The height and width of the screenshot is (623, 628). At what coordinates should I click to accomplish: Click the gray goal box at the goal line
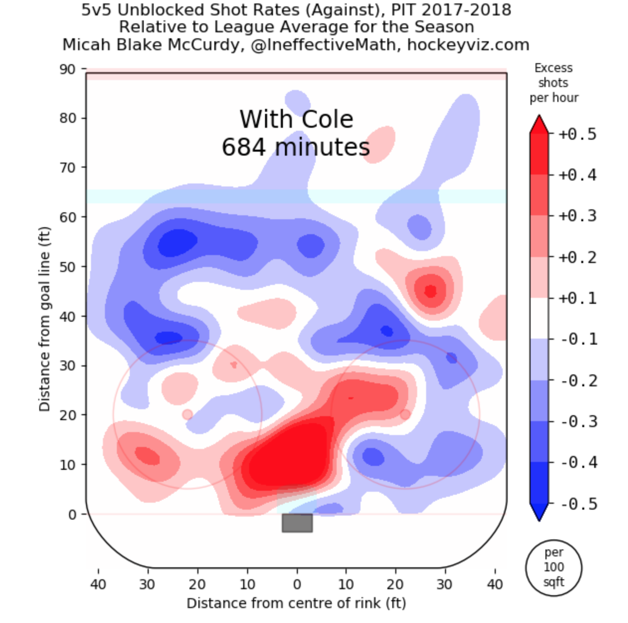pyautogui.click(x=297, y=523)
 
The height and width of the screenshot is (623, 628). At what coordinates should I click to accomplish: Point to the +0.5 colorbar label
pyautogui.click(x=577, y=134)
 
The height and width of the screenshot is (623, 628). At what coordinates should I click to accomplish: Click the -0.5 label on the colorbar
pyautogui.click(x=578, y=504)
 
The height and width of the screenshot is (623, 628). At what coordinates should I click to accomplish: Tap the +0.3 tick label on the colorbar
pyautogui.click(x=577, y=216)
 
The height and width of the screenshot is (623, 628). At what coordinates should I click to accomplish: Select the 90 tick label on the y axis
pyautogui.click(x=67, y=69)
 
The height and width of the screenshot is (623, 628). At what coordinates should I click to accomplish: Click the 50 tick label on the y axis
pyautogui.click(x=67, y=267)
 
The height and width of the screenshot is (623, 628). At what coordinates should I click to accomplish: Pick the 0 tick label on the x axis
pyautogui.click(x=297, y=584)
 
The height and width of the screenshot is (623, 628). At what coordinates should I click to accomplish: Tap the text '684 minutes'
pyautogui.click(x=295, y=147)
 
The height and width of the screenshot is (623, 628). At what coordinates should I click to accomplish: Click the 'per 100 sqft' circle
pyautogui.click(x=553, y=567)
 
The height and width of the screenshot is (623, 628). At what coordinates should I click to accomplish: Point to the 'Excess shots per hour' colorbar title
pyautogui.click(x=553, y=83)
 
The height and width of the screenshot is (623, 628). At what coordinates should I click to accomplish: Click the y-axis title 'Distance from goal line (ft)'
pyautogui.click(x=45, y=319)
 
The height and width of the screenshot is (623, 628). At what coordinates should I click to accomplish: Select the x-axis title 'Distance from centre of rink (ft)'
pyautogui.click(x=296, y=603)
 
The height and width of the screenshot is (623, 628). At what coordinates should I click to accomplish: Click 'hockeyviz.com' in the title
pyautogui.click(x=468, y=45)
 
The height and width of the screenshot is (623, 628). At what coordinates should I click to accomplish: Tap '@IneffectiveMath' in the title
pyautogui.click(x=323, y=45)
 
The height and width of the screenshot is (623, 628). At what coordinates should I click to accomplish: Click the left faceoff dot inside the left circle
pyautogui.click(x=187, y=414)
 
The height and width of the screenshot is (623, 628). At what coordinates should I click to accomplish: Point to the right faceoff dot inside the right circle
pyautogui.click(x=405, y=414)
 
